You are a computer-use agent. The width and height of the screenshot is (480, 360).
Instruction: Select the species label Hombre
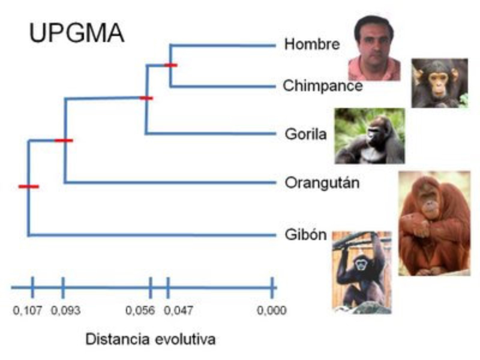(x=312, y=44)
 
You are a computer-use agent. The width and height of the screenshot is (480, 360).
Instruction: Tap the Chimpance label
(x=323, y=86)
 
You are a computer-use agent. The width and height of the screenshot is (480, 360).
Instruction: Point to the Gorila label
(x=305, y=134)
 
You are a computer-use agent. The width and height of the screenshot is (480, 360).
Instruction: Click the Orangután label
(x=322, y=182)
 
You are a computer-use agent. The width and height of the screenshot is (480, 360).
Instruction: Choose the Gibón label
(x=305, y=234)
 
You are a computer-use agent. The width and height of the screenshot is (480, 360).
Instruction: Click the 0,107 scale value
(x=28, y=311)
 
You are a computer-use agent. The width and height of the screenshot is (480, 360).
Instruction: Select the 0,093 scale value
(x=65, y=311)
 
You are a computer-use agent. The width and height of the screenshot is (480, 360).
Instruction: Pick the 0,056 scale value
(x=140, y=311)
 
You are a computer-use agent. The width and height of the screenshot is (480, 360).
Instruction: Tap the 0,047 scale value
(x=178, y=311)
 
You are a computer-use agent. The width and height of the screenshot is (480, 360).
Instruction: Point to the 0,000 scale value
(x=271, y=311)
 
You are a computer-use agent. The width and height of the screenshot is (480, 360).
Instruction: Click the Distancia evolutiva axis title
(x=151, y=339)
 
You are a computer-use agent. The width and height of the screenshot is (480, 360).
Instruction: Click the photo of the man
(x=374, y=48)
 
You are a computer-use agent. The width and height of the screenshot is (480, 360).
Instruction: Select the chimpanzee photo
(x=439, y=83)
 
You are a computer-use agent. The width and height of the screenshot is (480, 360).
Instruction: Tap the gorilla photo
(x=370, y=136)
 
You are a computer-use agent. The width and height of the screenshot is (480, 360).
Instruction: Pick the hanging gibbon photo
(x=362, y=271)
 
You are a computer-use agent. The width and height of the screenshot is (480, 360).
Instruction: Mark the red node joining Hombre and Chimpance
(x=171, y=65)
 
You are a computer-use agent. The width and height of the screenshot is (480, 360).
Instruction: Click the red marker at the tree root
(x=28, y=187)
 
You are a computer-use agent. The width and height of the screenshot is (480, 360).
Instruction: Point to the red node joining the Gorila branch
(x=146, y=98)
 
